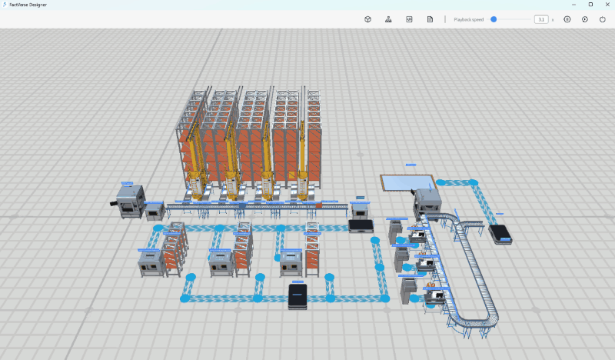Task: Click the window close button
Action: point(607,5)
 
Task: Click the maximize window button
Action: point(590,5)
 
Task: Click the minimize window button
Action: point(572,5)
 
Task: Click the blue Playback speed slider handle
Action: point(494,19)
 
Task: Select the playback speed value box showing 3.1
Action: point(541,19)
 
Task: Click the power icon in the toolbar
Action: point(601,19)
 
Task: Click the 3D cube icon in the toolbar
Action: point(367,19)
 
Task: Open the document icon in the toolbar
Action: point(430,19)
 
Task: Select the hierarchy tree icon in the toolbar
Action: point(388,19)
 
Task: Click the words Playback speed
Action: point(468,19)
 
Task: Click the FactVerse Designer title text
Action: point(25,5)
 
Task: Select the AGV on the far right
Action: point(500,233)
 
